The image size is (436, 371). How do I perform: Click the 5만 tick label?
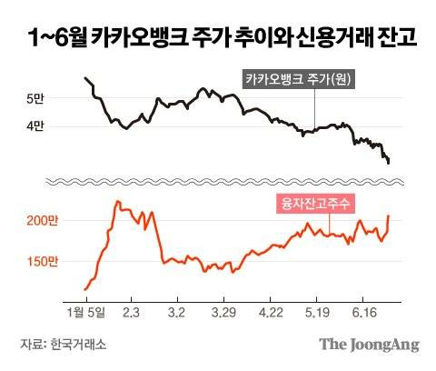pos(34,97)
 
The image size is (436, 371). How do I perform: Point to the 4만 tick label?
pos(34,126)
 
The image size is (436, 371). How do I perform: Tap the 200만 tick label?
pos(41,221)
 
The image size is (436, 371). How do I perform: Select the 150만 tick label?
pos(41,262)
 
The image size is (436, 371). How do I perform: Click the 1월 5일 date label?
pos(85,312)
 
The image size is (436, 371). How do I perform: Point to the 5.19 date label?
pos(315,312)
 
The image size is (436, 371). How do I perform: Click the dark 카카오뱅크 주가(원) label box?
pos(298,79)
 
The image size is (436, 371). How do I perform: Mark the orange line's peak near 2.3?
pos(118,202)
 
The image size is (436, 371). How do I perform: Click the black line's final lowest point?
pos(389,163)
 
